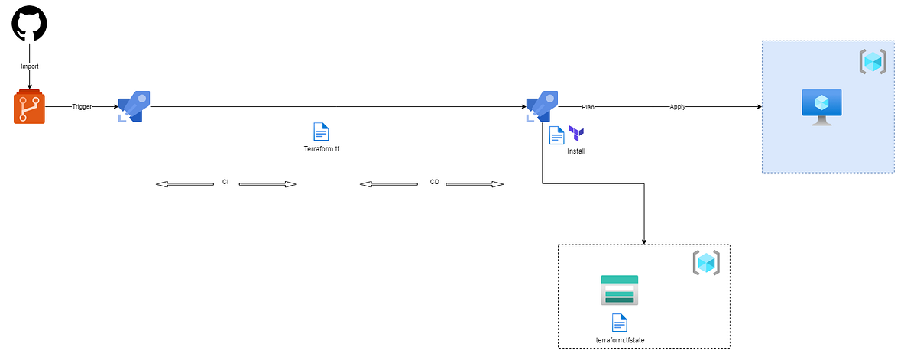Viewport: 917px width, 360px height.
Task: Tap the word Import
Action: [x=29, y=66]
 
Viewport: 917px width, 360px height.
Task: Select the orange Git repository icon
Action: [x=29, y=107]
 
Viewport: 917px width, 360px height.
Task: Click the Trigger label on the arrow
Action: [x=82, y=107]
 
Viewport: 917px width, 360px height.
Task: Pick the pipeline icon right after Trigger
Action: [x=134, y=106]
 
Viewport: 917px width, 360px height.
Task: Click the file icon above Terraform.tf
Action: [x=322, y=131]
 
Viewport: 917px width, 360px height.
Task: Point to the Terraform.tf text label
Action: [x=322, y=149]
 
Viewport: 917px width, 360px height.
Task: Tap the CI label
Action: [x=225, y=183]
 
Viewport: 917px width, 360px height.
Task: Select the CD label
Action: [x=435, y=183]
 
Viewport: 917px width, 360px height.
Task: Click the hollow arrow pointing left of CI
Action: [x=185, y=184]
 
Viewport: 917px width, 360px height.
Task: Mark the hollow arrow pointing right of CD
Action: [x=475, y=184]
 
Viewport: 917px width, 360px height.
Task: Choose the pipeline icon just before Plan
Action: [x=542, y=106]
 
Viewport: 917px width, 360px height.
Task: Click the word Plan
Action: [x=588, y=107]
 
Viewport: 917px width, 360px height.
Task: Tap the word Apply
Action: [x=677, y=107]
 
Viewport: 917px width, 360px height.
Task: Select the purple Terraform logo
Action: [x=576, y=134]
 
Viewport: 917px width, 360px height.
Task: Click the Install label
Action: [x=576, y=151]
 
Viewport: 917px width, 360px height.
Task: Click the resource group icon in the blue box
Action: [x=873, y=61]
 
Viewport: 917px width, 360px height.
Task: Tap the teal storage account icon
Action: [x=619, y=290]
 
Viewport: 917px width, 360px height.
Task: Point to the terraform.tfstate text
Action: [x=619, y=339]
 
